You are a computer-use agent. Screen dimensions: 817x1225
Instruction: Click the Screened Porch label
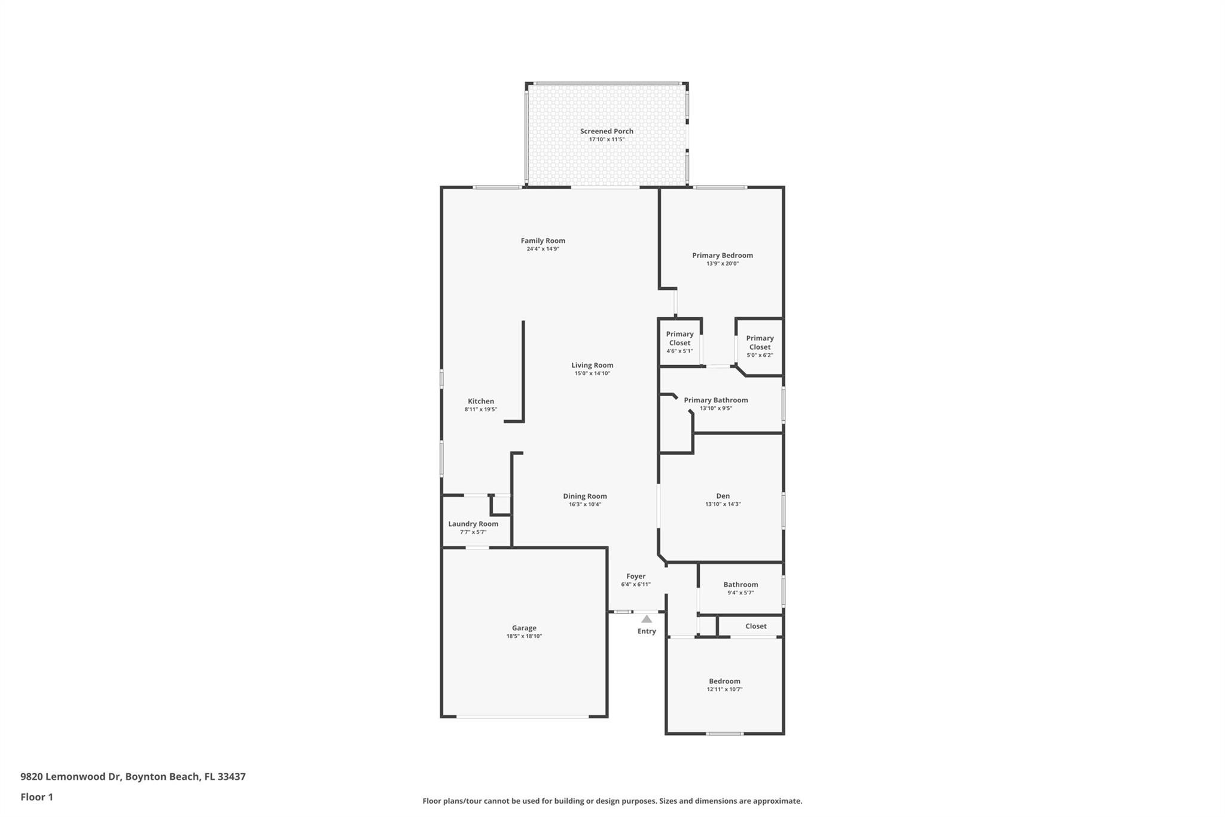coord(606,131)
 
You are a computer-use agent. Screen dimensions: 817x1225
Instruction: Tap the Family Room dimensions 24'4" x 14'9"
coord(543,249)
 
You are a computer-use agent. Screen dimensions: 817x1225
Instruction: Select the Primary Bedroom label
coord(722,255)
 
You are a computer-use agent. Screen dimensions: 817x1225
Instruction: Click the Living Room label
coord(592,365)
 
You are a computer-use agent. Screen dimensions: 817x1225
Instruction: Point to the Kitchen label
coord(480,402)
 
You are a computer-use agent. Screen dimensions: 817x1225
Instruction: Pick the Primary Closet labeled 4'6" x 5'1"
coord(679,339)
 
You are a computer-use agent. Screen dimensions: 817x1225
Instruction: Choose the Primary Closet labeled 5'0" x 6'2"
coord(760,342)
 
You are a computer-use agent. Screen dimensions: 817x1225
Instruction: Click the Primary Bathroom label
coord(715,400)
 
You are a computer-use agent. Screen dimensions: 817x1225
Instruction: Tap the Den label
coord(723,496)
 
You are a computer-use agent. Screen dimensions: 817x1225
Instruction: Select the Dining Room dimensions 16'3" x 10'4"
coord(584,505)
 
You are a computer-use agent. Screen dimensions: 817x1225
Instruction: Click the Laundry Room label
coord(473,524)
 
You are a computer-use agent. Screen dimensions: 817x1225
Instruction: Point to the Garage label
coord(524,628)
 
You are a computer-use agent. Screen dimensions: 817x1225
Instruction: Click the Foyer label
coord(635,576)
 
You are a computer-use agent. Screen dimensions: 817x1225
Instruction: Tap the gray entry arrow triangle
coord(647,619)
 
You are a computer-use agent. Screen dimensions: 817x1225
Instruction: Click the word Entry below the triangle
coord(646,631)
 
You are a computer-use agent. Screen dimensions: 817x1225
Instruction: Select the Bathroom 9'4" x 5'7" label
coord(740,585)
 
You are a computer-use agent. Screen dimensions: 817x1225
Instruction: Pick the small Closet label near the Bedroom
coord(755,626)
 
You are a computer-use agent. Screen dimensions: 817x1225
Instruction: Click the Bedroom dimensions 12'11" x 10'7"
coord(724,690)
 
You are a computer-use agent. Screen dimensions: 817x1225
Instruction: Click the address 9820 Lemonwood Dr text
coord(71,777)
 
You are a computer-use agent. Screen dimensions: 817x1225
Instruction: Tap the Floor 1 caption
coord(36,797)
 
